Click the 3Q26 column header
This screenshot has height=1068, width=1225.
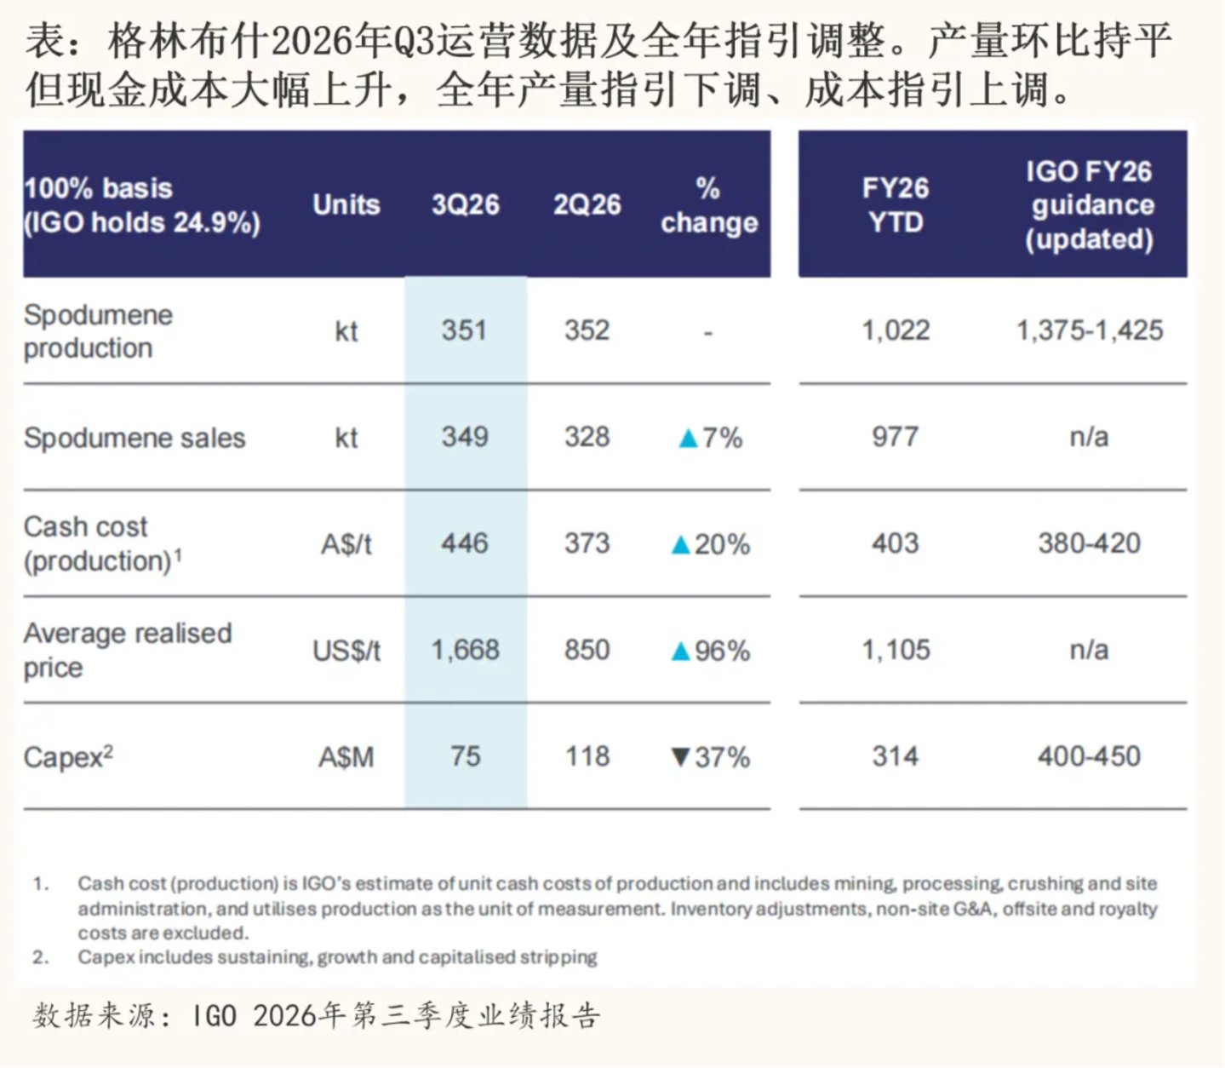(x=465, y=205)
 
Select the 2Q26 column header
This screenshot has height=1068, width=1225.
(x=587, y=205)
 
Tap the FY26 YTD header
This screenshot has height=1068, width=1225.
(x=895, y=205)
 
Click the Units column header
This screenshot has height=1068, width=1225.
(x=346, y=205)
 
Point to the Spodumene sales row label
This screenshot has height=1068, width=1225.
(x=135, y=437)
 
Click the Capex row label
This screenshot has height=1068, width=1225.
(x=68, y=757)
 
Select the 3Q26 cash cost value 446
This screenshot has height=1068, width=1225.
(x=465, y=544)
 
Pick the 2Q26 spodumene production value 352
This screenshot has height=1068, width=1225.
(x=587, y=330)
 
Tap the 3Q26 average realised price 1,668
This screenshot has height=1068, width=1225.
(x=465, y=651)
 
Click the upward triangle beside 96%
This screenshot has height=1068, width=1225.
(x=681, y=651)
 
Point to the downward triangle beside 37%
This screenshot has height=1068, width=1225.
(x=681, y=757)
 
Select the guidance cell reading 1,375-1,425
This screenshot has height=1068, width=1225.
(x=1090, y=330)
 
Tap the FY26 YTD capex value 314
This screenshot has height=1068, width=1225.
(x=895, y=756)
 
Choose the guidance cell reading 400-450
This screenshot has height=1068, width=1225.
(x=1089, y=756)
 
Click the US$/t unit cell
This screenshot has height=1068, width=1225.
(x=346, y=651)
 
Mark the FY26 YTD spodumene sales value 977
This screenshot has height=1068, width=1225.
(x=895, y=437)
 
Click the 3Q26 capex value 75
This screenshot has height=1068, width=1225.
(x=465, y=756)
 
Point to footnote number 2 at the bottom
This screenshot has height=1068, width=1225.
(x=40, y=957)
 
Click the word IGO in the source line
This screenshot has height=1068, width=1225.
(x=214, y=1016)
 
